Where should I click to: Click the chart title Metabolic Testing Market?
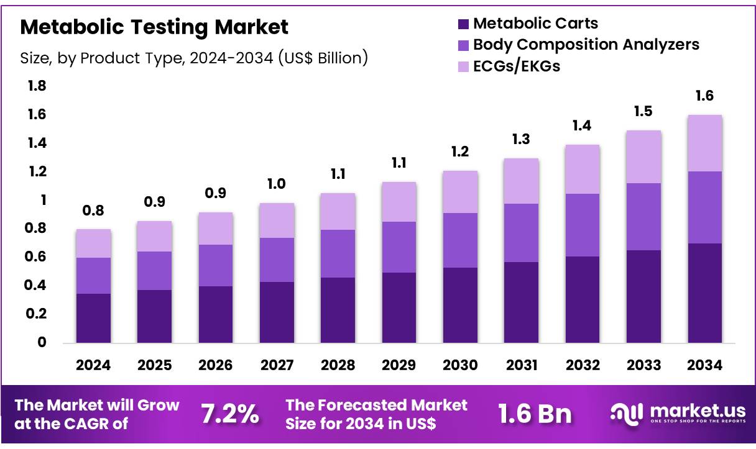click(154, 27)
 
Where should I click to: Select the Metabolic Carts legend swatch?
click(463, 24)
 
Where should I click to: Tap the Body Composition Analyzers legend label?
click(586, 45)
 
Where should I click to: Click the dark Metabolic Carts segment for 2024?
click(93, 318)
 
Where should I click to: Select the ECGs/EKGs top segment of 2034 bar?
click(705, 143)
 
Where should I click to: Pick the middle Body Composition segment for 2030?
click(460, 240)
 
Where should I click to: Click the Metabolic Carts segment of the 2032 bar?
click(583, 299)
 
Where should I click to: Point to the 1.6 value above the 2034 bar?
click(705, 96)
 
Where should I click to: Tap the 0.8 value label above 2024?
click(93, 212)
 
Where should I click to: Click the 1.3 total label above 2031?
click(521, 140)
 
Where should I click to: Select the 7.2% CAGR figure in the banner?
click(230, 414)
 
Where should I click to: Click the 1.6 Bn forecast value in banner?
click(535, 414)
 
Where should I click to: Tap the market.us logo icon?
click(627, 413)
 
